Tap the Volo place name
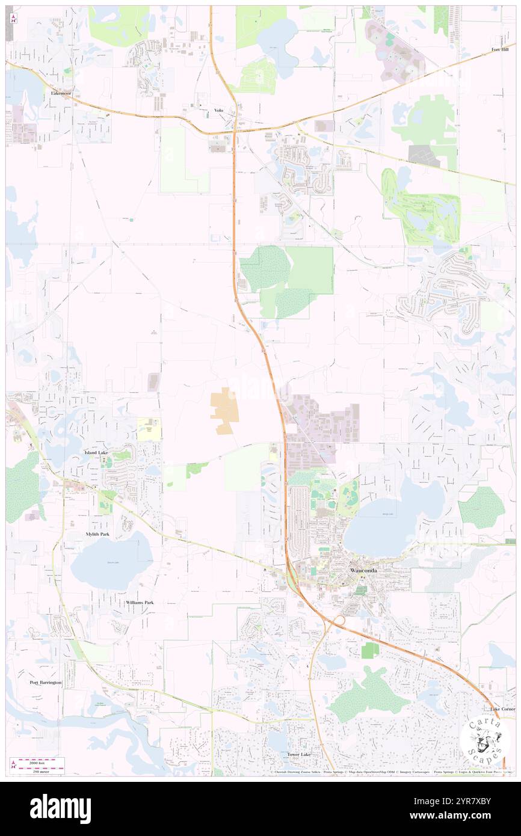point(218,110)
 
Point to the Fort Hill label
point(500,49)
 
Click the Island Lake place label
point(96,452)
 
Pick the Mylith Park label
point(97,534)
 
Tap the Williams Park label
point(140,602)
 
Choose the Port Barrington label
point(46,683)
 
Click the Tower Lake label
point(299,754)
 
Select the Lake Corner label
point(502,710)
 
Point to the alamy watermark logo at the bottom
point(60,809)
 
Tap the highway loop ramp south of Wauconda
point(338,620)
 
